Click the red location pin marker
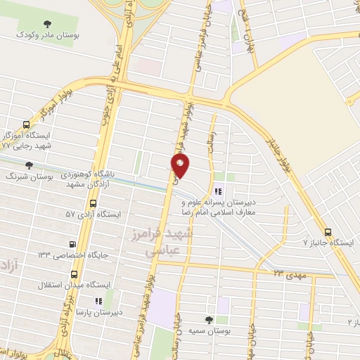181,166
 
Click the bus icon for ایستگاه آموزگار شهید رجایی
26,124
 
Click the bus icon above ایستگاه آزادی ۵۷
94,203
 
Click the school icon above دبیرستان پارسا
98,300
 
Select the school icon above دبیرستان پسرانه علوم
218,191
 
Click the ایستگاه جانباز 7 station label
329,243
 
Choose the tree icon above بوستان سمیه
208,319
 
